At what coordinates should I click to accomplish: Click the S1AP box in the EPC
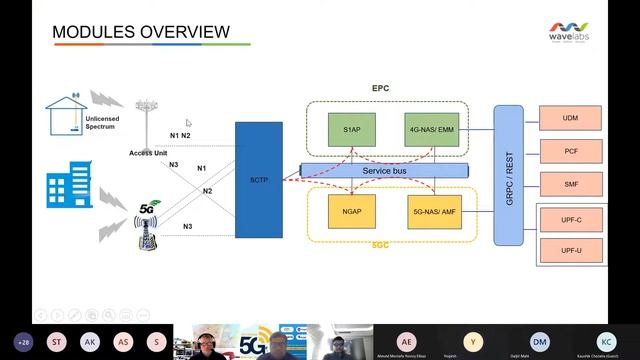(x=351, y=129)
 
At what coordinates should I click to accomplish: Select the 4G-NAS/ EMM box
(x=432, y=129)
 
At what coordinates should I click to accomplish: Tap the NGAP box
(x=351, y=212)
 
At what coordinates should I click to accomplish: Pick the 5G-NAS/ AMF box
(x=432, y=212)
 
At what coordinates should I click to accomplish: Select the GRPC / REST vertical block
(x=508, y=173)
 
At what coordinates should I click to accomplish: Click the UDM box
(x=571, y=118)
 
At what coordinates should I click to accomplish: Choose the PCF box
(x=571, y=151)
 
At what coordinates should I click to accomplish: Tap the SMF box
(x=571, y=184)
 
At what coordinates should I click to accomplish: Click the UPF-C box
(x=571, y=217)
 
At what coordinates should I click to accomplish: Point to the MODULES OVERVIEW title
(x=141, y=33)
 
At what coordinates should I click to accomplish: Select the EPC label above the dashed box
(x=381, y=88)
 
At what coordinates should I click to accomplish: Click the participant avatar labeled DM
(x=540, y=342)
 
